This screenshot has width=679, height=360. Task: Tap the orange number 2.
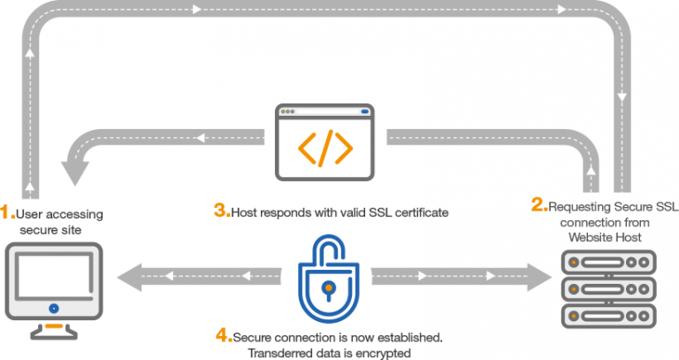(x=537, y=205)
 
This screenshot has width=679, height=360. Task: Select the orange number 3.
(x=220, y=211)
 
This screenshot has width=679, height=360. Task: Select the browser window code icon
(x=326, y=141)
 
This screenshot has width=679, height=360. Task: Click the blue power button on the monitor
(x=53, y=308)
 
